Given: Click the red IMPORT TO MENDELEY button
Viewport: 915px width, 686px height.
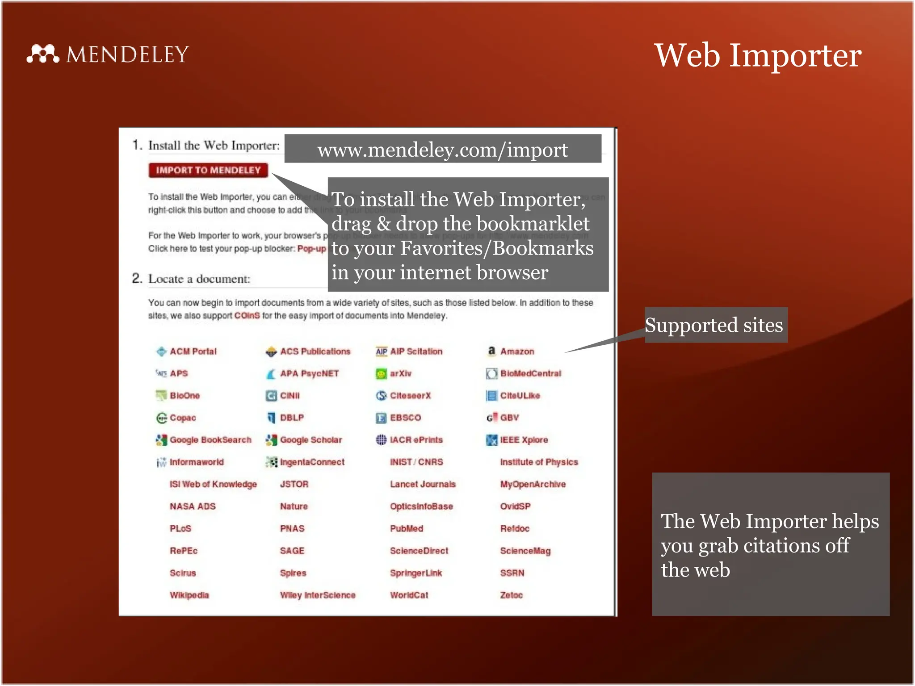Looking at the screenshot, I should point(208,170).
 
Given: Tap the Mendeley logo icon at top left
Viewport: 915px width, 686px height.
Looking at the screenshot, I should point(42,54).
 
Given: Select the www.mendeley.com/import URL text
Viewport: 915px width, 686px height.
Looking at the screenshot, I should point(442,150).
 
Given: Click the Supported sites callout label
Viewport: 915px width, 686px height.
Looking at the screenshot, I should point(714,325).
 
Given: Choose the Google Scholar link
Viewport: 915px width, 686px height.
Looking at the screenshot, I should point(311,440).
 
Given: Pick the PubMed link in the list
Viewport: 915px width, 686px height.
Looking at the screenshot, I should point(407,528).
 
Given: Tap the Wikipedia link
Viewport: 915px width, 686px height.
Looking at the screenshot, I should point(189,595).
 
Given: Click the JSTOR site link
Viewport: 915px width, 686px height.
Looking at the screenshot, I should point(294,484).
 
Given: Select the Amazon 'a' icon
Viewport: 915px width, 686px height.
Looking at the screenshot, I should point(491,351).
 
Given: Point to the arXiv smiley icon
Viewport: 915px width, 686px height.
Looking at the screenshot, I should point(381,373).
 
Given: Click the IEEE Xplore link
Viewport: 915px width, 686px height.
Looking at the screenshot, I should point(524,440).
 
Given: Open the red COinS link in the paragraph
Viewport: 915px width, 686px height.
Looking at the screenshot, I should point(247,316).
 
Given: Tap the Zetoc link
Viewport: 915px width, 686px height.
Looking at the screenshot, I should point(512,595).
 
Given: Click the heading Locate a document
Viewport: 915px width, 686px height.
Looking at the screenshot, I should point(199,279).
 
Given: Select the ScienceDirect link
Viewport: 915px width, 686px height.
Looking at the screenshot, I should point(419,551).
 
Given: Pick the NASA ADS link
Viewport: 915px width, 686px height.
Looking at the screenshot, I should point(193,506).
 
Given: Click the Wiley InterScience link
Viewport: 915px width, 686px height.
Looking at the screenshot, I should point(318,595).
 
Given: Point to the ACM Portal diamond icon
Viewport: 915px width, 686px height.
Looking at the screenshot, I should point(161,351).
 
